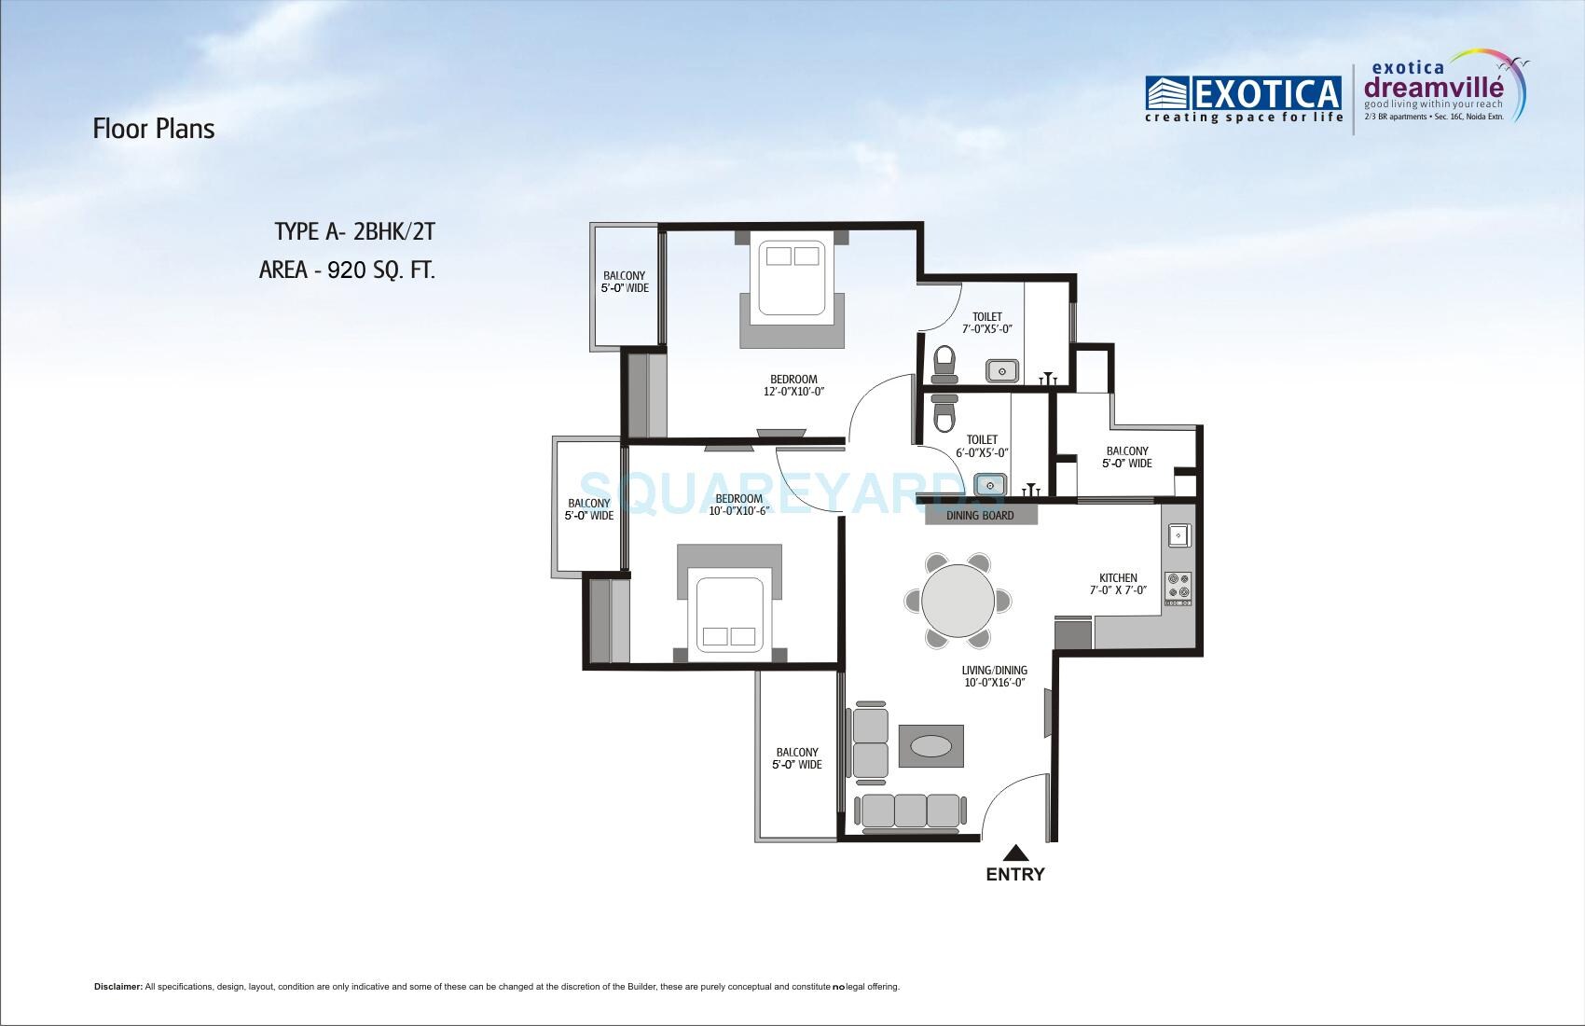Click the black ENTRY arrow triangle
(x=1015, y=852)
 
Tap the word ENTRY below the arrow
(x=1015, y=875)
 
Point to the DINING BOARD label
(x=980, y=515)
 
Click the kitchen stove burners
(x=1178, y=585)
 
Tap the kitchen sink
(x=1178, y=535)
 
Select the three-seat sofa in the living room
(x=910, y=811)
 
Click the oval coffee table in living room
(x=931, y=747)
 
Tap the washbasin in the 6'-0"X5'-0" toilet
(x=989, y=485)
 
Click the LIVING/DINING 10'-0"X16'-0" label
(x=994, y=676)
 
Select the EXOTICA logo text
(x=1244, y=94)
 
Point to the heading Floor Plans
(x=154, y=129)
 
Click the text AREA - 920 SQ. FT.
(x=347, y=270)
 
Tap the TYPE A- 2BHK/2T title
(x=354, y=231)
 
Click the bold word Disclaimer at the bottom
(x=117, y=986)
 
